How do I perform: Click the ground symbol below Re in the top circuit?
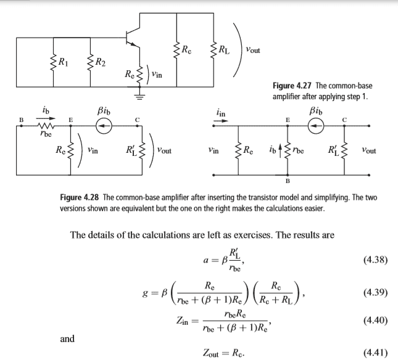139,96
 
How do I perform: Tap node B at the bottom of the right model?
287,182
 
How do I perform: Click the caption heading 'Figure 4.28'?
80,198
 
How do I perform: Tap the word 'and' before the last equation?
67,338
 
